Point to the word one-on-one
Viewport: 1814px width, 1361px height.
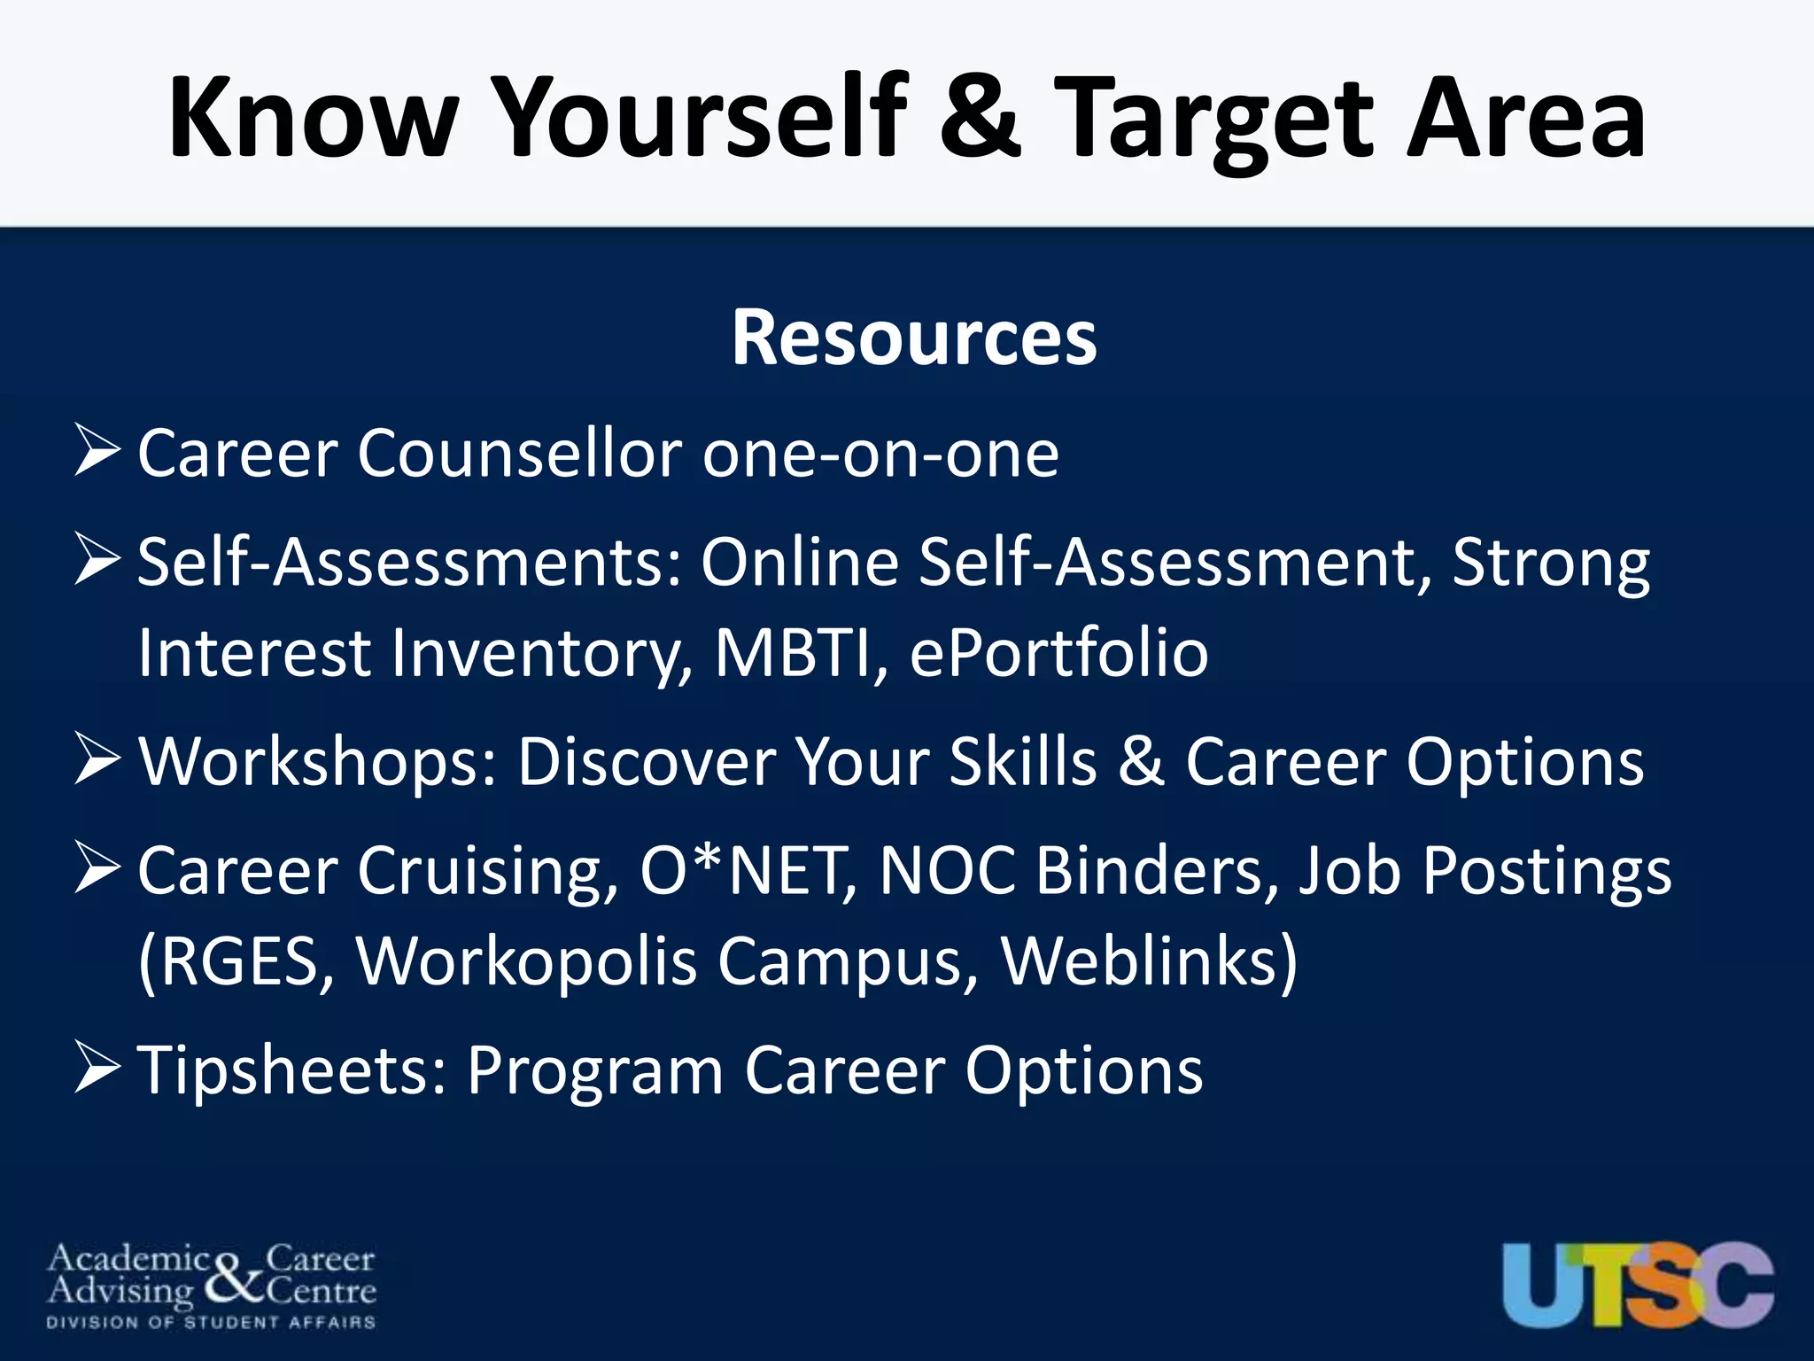point(880,455)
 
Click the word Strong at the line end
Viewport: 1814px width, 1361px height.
point(1550,564)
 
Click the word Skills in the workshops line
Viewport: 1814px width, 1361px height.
point(1023,761)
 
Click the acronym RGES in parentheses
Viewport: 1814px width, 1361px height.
point(239,962)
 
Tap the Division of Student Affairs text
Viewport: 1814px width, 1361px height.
point(211,1323)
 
